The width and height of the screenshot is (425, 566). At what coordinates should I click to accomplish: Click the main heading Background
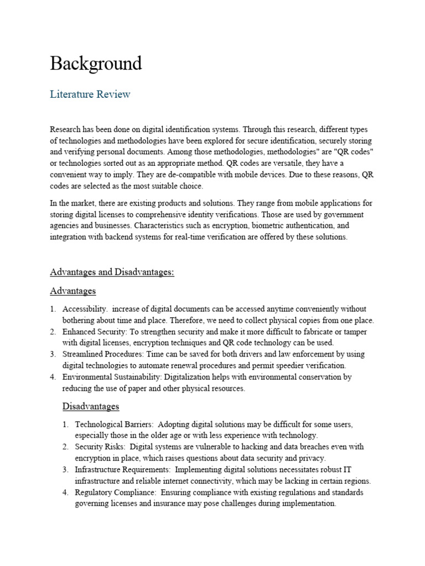coord(96,64)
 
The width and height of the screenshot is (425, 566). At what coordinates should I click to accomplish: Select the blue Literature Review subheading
coord(90,94)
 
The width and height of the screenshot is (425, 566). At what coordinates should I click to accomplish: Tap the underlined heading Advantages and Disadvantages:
coord(112,272)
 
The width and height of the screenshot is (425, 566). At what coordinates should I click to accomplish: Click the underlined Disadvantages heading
coord(91,406)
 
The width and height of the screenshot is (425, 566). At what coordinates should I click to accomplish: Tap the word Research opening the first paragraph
coord(65,129)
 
